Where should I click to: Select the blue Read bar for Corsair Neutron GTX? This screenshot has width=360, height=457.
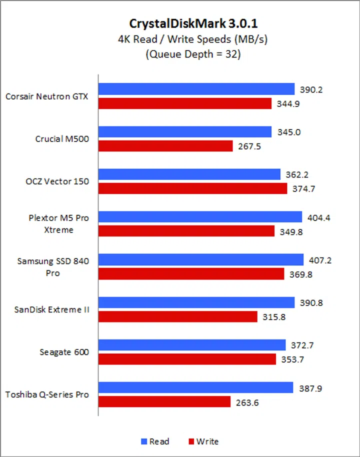[196, 89]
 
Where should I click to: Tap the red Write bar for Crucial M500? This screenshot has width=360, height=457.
[165, 146]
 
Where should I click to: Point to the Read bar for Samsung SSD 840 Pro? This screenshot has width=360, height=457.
[201, 260]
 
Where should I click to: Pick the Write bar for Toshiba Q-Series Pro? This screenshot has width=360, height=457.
[164, 402]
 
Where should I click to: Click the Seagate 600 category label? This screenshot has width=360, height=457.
[64, 352]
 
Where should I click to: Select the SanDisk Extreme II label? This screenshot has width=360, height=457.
[52, 309]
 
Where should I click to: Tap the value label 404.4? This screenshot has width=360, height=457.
[320, 217]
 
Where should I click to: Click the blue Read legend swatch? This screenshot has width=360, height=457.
[144, 441]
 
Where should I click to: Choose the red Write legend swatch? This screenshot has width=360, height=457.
[190, 441]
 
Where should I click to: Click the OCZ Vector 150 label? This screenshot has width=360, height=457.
[58, 181]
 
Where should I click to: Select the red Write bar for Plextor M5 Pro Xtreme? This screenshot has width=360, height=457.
[186, 231]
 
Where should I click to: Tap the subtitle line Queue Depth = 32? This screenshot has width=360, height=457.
[193, 54]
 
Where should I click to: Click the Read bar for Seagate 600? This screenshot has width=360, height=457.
[192, 345]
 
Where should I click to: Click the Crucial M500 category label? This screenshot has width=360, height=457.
[62, 139]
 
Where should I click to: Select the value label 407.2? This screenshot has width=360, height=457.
[322, 260]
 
